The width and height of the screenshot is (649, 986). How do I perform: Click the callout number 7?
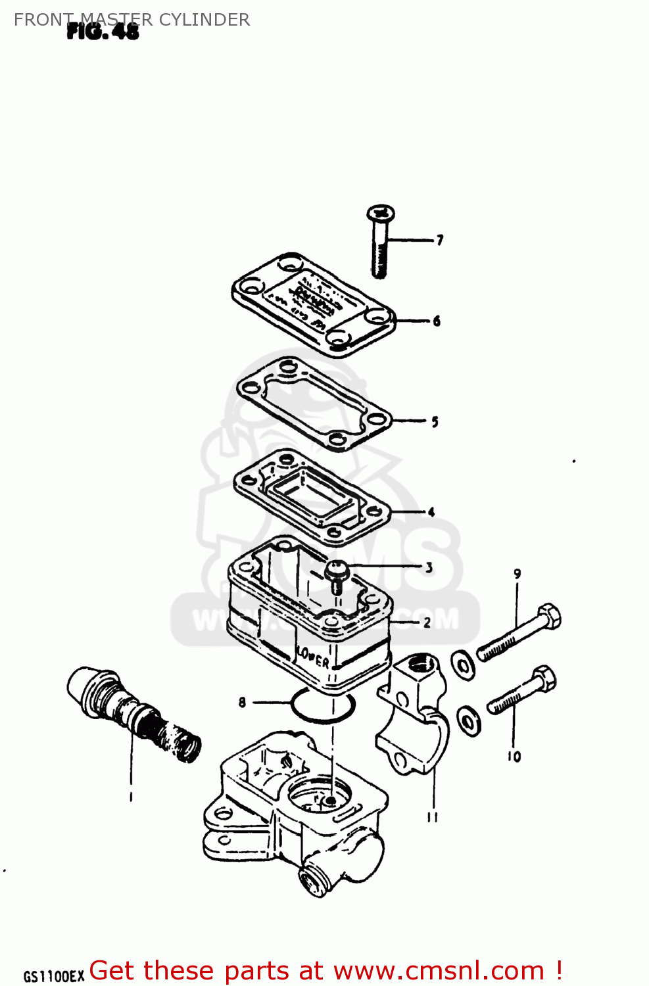(440, 240)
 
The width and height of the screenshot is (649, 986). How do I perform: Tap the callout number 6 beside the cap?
(437, 321)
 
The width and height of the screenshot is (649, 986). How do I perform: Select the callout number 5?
(435, 422)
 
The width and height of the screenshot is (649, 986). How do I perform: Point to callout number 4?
(431, 512)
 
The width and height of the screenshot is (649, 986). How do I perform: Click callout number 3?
(429, 567)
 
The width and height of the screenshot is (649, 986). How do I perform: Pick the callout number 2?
(427, 622)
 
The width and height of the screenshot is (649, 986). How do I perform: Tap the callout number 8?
(242, 702)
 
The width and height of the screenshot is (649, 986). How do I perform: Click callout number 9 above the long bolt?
(517, 574)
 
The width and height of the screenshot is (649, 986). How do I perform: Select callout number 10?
(514, 757)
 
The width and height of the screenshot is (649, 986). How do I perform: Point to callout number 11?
(432, 817)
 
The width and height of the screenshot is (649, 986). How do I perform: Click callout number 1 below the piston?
(131, 797)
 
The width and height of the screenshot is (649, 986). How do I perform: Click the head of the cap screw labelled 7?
(381, 213)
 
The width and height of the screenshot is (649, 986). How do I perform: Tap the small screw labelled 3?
(337, 571)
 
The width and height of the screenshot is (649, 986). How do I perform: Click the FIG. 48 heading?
(103, 32)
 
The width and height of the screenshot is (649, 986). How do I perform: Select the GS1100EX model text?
(54, 976)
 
